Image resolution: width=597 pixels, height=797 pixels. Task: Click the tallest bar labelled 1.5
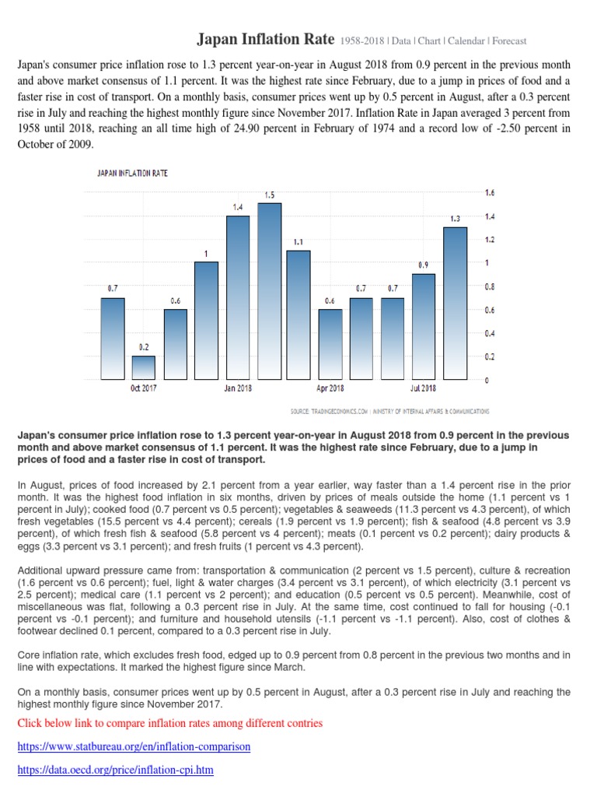tap(269, 291)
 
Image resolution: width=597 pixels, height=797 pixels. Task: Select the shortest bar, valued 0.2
tap(143, 367)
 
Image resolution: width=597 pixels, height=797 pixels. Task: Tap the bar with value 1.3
tap(455, 303)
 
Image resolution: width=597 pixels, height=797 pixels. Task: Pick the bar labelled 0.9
tap(424, 326)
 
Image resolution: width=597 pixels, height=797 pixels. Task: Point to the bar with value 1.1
tap(298, 314)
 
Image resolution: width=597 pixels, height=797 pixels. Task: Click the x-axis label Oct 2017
tap(143, 388)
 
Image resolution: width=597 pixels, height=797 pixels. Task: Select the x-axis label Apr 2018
tap(330, 388)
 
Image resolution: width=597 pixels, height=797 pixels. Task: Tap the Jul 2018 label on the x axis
tap(424, 388)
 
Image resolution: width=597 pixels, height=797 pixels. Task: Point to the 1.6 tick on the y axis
tap(490, 192)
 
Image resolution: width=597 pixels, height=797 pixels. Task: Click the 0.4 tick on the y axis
tap(490, 334)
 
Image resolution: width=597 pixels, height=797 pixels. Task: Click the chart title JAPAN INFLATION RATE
tap(132, 174)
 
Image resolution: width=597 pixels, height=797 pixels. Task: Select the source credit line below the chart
tap(389, 411)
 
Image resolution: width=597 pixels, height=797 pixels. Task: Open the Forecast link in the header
tap(508, 40)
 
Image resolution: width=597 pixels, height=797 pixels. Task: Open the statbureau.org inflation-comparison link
tap(134, 747)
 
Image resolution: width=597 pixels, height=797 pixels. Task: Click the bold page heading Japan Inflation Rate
tap(265, 39)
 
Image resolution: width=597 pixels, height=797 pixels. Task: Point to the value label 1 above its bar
tap(206, 254)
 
